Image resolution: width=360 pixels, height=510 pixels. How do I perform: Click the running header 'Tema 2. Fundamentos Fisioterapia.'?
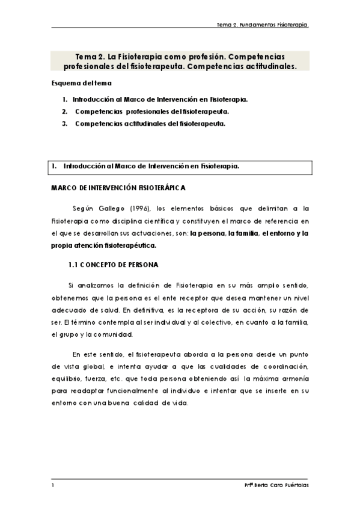[266, 25]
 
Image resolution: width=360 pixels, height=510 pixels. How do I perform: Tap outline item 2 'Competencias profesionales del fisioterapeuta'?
[151, 111]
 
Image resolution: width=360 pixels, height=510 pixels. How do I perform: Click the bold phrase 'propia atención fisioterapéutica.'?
[105, 245]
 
